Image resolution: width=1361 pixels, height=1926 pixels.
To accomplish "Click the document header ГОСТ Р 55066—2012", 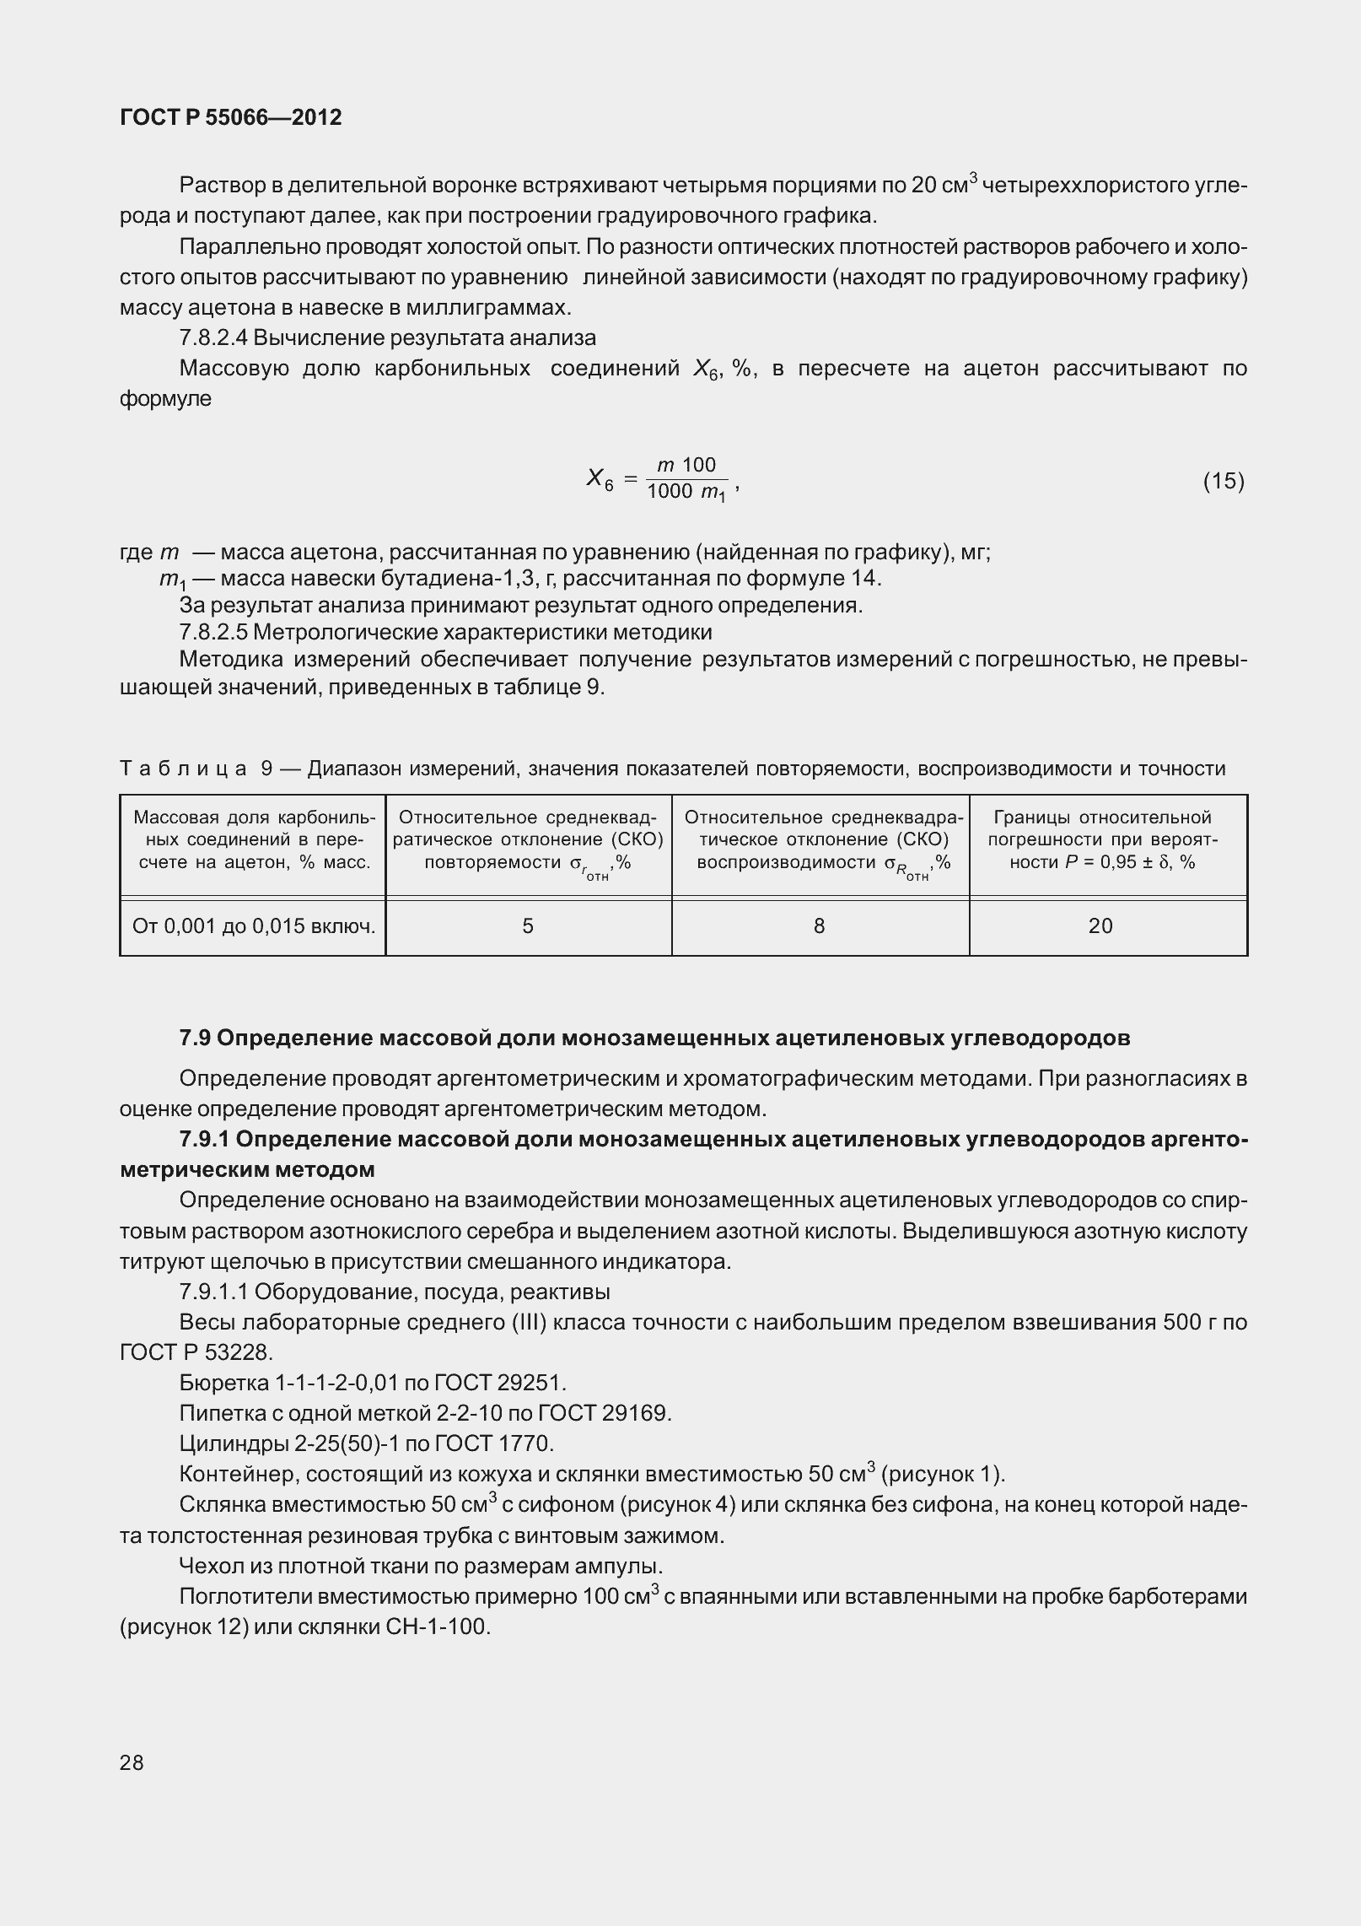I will [231, 117].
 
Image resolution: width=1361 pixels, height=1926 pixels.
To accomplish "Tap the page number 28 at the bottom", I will [132, 1762].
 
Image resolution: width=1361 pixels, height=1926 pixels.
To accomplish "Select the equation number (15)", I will [1223, 481].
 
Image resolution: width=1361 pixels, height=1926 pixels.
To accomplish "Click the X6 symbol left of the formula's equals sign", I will [599, 480].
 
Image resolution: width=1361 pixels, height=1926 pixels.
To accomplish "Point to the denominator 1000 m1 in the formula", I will [686, 493].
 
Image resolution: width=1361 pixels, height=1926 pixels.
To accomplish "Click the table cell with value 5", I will [528, 926].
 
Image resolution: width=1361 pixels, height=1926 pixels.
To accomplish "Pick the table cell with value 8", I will [820, 926].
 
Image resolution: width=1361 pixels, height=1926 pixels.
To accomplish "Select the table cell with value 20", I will [1100, 926].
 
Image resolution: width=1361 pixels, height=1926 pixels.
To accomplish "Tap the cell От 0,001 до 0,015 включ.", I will [253, 926].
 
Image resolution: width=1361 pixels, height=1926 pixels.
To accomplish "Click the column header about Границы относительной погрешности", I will [1102, 839].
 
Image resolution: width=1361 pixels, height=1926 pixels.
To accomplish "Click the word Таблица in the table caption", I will [183, 769].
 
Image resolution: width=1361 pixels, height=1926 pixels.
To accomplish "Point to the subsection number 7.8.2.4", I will [212, 338].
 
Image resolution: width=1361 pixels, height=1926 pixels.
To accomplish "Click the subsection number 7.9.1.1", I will [212, 1292].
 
